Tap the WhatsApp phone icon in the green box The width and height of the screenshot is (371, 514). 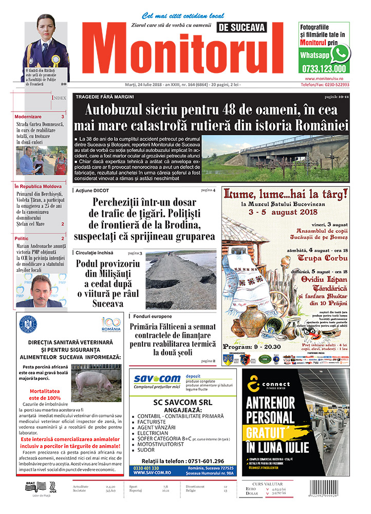click(340, 53)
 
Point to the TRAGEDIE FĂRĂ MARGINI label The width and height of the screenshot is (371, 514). click(105, 97)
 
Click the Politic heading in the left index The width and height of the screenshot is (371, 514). click(22, 238)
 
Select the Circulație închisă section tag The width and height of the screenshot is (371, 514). click(95, 253)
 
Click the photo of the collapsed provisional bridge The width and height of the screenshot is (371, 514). click(180, 280)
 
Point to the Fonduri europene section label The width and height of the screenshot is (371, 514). click(153, 316)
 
